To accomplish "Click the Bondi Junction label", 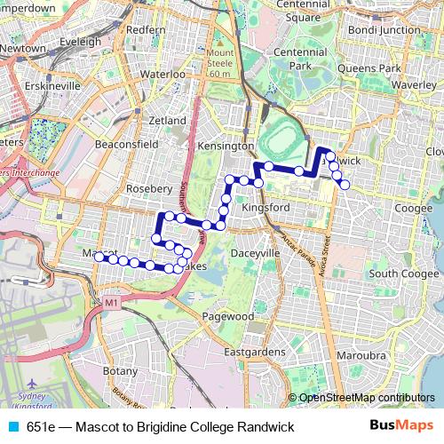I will (387, 29).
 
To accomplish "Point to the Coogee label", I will (413, 208).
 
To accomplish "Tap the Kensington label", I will (226, 145).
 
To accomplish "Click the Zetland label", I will (168, 120).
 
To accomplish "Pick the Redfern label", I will (147, 29).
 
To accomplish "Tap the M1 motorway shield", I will (111, 304).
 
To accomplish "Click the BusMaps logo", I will (401, 426).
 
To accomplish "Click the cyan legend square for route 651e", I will (12, 427).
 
